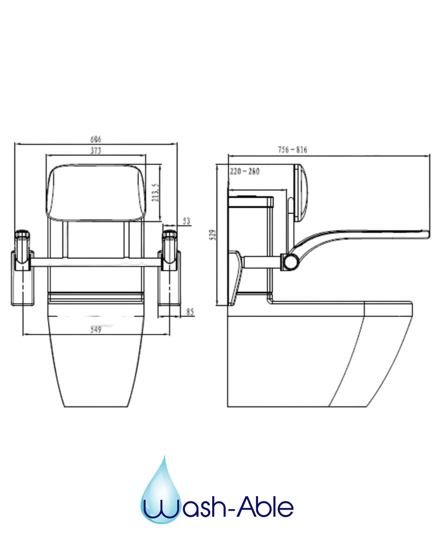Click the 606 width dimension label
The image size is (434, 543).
pyautogui.click(x=95, y=139)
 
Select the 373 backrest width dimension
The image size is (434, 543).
pyautogui.click(x=95, y=151)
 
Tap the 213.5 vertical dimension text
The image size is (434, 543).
pyautogui.click(x=155, y=193)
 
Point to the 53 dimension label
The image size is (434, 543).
pyautogui.click(x=187, y=221)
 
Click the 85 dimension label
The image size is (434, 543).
pyautogui.click(x=190, y=312)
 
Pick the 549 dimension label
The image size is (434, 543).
pyautogui.click(x=95, y=329)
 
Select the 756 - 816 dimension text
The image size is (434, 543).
pyautogui.click(x=292, y=150)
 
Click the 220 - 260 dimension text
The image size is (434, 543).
pyautogui.click(x=245, y=171)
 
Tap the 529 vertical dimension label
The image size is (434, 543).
pyautogui.click(x=213, y=235)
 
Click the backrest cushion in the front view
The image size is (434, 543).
pyautogui.click(x=95, y=192)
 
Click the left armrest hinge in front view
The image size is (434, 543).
pyautogui.click(x=23, y=247)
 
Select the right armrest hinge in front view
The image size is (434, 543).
pyautogui.click(x=169, y=247)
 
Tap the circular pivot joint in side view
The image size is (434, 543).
pyautogui.click(x=290, y=261)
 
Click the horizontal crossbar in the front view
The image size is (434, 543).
pyautogui.click(x=95, y=262)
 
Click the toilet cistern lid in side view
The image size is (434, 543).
pyautogui.click(x=250, y=202)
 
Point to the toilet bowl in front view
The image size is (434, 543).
pyautogui.click(x=95, y=361)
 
